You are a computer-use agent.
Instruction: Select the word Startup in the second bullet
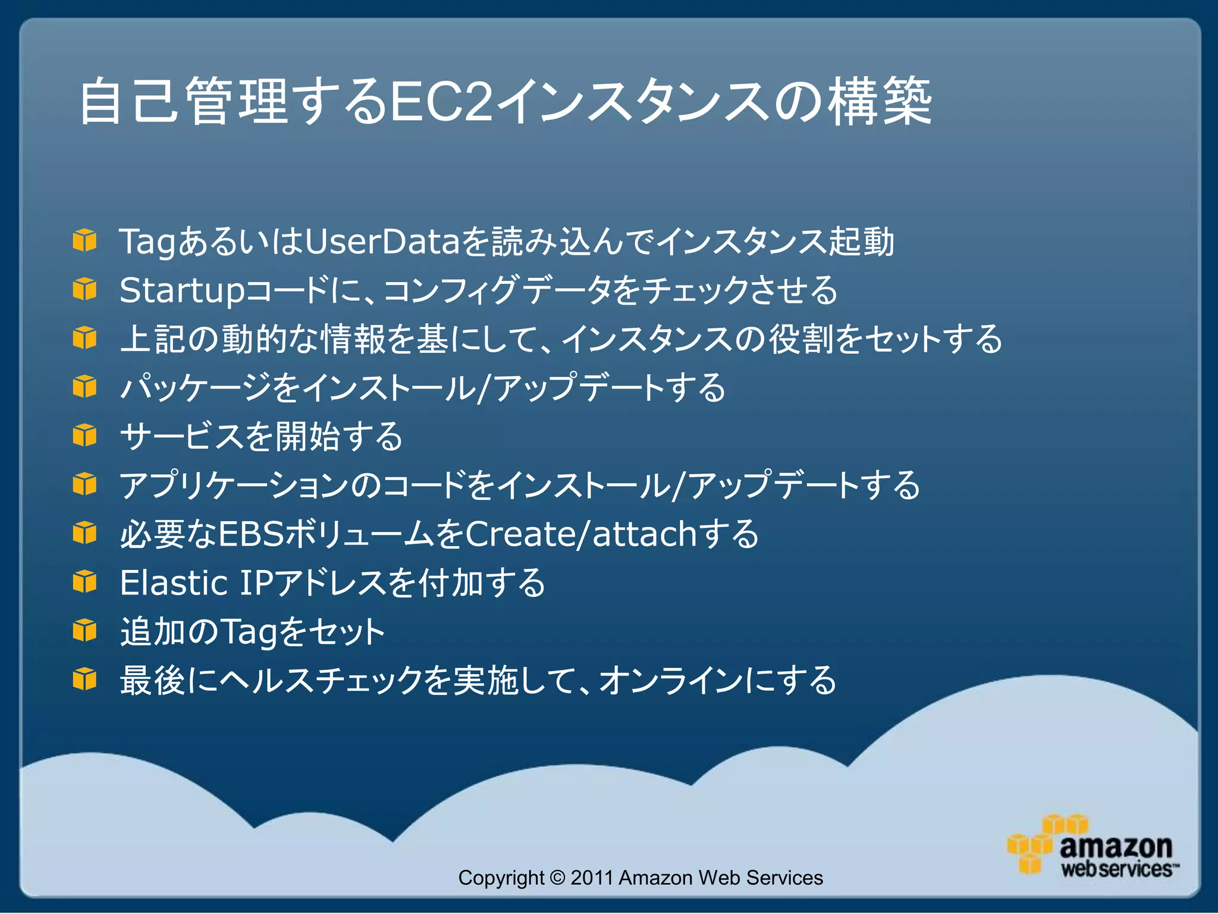[x=182, y=291]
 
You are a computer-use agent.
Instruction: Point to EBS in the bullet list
[x=252, y=534]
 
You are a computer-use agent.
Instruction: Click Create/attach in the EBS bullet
[x=580, y=534]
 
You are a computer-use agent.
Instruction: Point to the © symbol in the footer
[x=557, y=878]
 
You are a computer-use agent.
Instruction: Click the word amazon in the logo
[x=1116, y=846]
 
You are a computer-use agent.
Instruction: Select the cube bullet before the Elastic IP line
[x=84, y=581]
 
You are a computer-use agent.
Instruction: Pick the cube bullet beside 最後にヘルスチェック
[x=84, y=679]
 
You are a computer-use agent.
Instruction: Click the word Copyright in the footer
[x=501, y=878]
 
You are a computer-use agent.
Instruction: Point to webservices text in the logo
[x=1117, y=869]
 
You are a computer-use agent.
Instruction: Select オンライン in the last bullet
[x=671, y=680]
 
